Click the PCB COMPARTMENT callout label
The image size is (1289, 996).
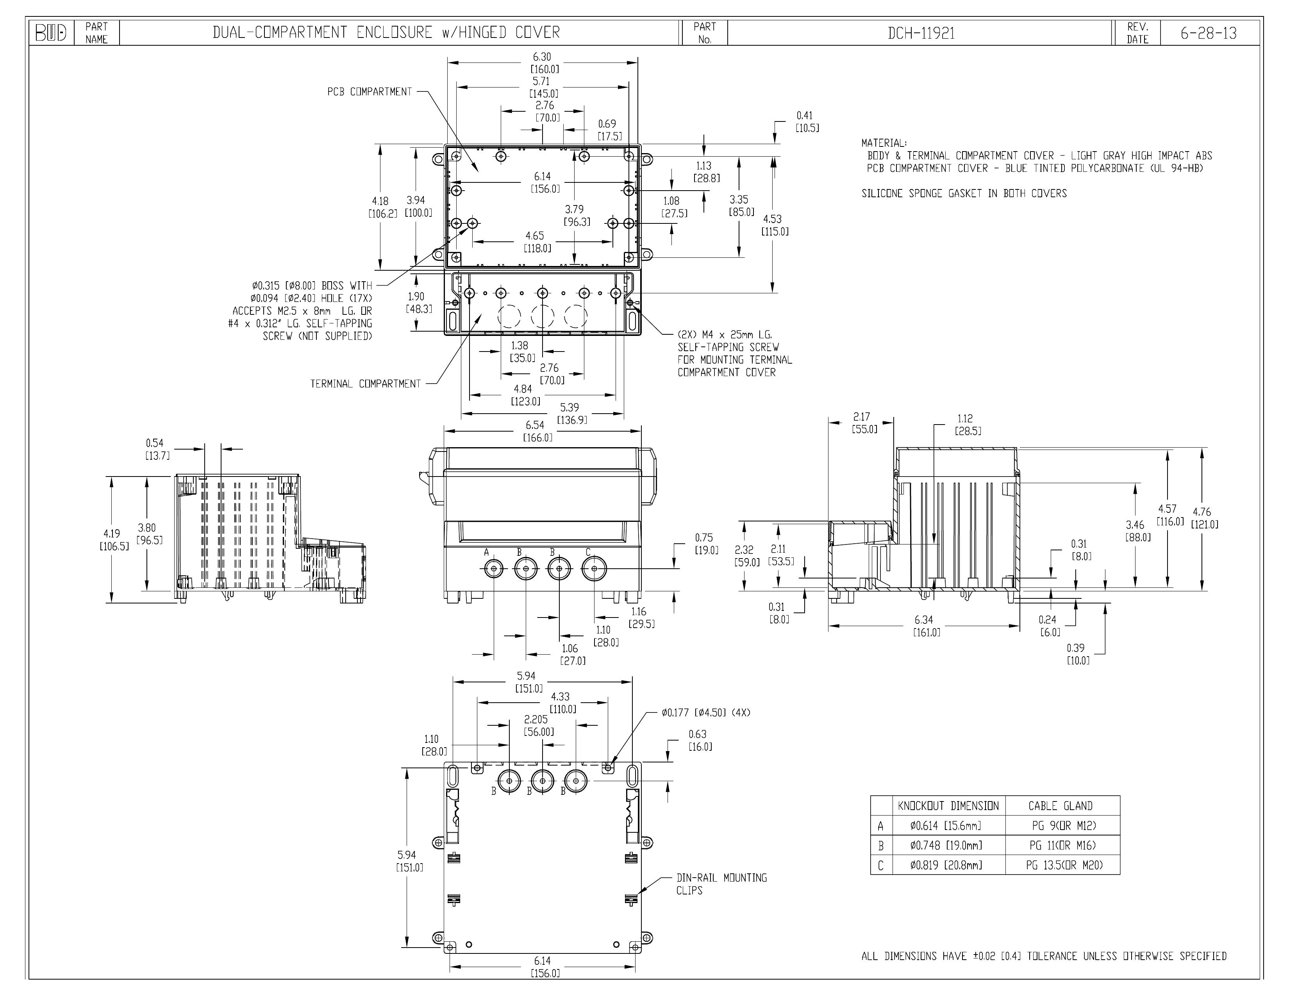[370, 92]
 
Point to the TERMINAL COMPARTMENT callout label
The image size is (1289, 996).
[365, 384]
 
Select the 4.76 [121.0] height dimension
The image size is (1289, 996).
[1204, 518]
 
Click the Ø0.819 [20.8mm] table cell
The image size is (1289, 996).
[946, 866]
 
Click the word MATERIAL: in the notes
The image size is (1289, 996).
[884, 143]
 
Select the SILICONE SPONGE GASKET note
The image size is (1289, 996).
[964, 193]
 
